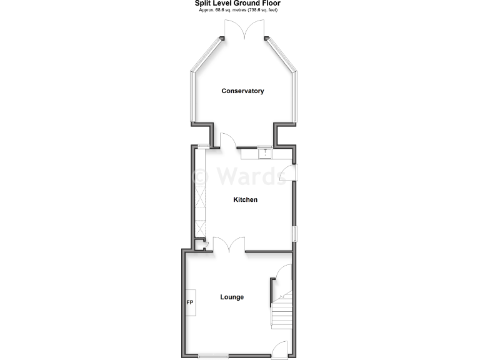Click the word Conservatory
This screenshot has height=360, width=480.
(242, 91)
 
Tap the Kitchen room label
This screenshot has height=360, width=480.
(246, 200)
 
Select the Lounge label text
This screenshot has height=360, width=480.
(232, 297)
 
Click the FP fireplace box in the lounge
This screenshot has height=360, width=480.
(190, 303)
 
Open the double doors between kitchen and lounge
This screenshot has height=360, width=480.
(229, 245)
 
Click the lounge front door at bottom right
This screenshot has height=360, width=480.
(279, 350)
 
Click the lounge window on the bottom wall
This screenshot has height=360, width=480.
(212, 357)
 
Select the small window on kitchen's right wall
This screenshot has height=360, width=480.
(294, 234)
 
